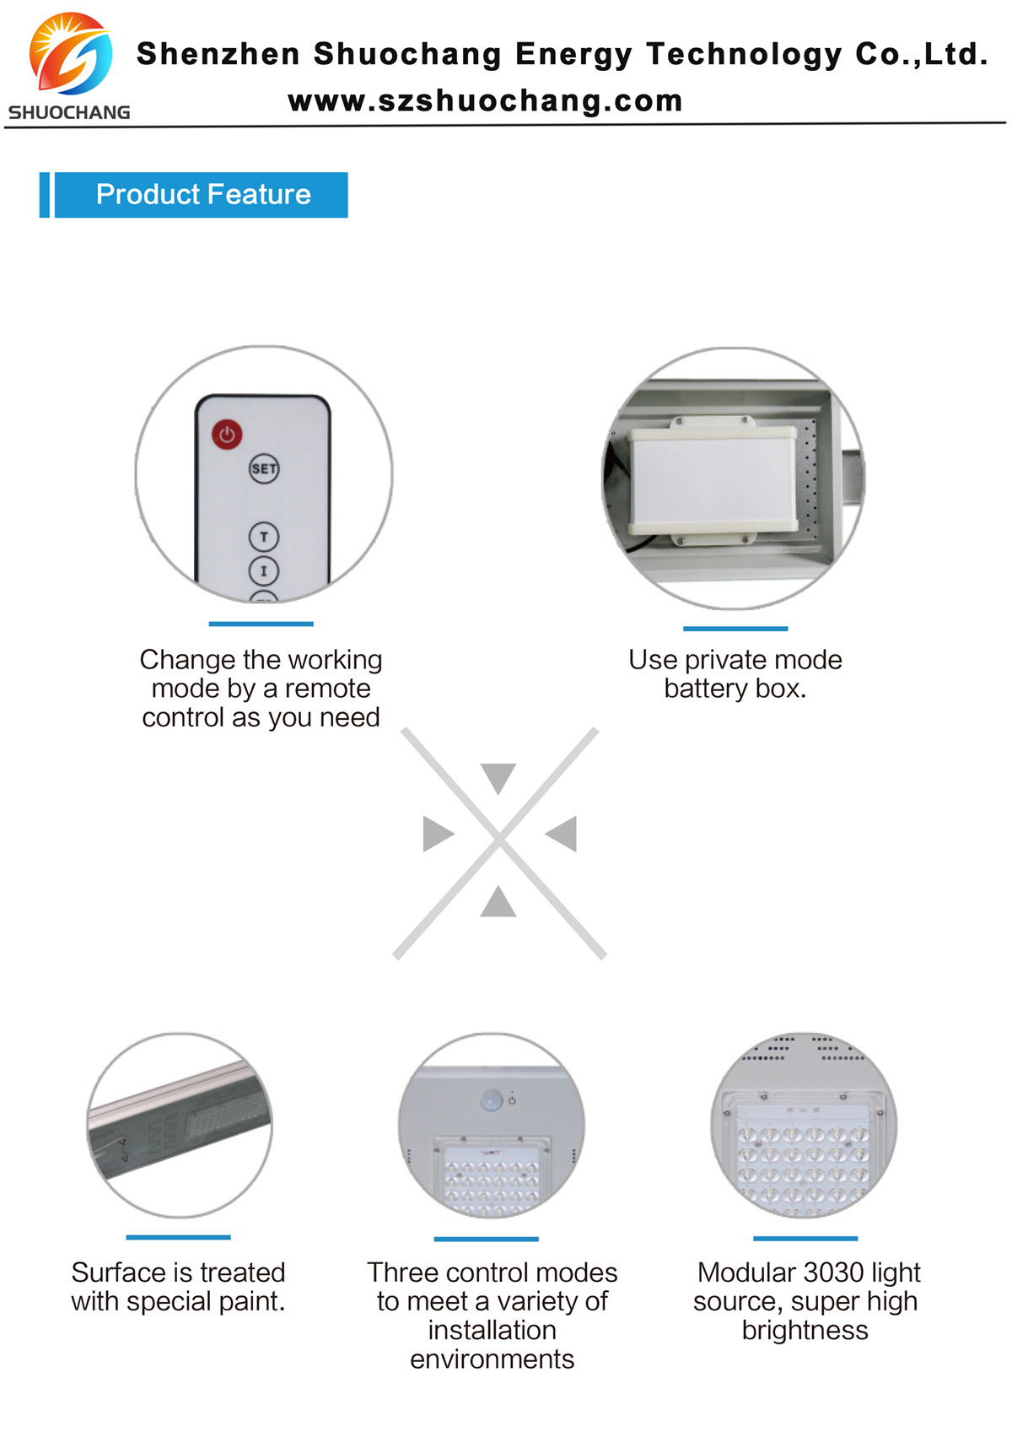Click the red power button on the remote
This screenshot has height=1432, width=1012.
tap(227, 435)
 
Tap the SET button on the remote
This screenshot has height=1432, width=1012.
tap(264, 468)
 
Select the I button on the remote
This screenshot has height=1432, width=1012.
tap(264, 570)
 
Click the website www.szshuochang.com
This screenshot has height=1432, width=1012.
tap(486, 101)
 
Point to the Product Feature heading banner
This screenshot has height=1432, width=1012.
tap(194, 195)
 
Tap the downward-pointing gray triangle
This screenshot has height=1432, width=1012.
tap(498, 777)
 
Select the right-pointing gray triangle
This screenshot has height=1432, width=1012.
tap(439, 834)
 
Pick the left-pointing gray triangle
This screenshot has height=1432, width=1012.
tap(561, 834)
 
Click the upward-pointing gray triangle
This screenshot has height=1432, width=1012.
tap(498, 902)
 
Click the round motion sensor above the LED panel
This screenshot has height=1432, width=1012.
tap(492, 1100)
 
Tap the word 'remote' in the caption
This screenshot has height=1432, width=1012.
tap(328, 689)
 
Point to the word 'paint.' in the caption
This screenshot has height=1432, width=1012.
tap(251, 1302)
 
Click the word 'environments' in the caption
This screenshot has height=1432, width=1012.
tap(492, 1359)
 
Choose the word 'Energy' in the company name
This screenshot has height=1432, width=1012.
tap(573, 55)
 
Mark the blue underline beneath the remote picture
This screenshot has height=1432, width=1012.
tap(261, 624)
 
